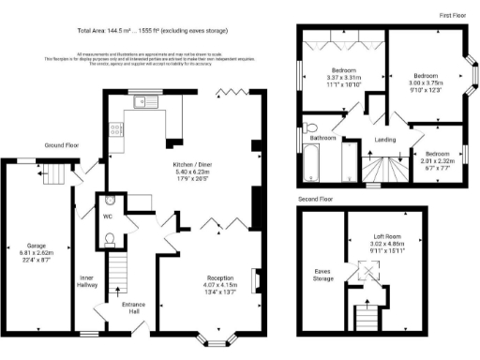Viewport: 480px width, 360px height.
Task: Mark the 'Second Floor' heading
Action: click(x=315, y=200)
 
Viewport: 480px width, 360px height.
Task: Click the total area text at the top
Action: click(x=153, y=31)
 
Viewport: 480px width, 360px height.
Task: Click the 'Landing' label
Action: click(x=385, y=142)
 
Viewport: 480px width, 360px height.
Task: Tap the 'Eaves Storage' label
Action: click(x=322, y=276)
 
